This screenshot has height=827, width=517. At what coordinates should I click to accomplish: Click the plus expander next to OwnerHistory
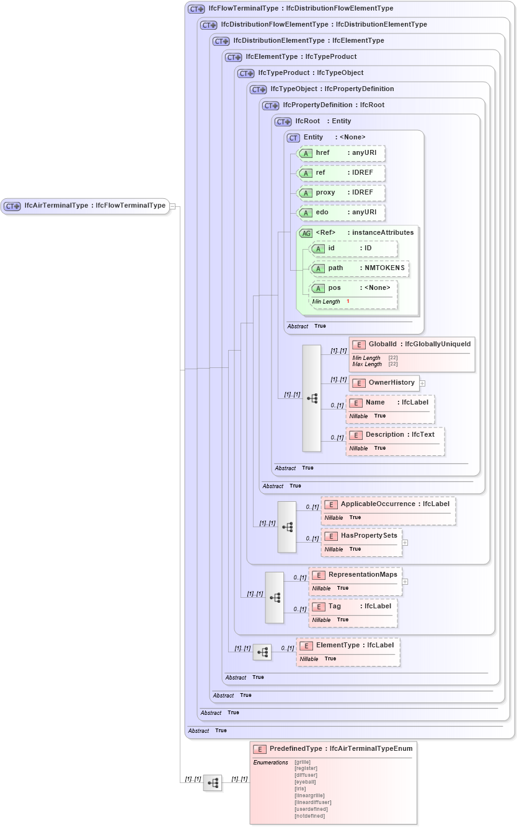click(422, 383)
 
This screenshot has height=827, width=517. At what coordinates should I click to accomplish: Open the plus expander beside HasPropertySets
click(405, 542)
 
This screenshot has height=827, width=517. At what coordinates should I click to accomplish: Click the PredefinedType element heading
click(334, 749)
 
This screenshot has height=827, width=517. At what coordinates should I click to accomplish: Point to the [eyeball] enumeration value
click(305, 782)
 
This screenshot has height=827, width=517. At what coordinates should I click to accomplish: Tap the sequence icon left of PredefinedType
click(213, 783)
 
